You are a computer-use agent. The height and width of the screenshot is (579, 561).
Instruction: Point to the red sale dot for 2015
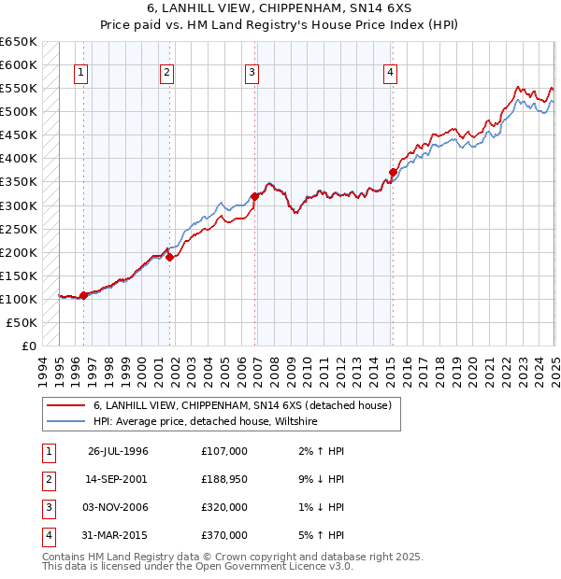tap(393, 172)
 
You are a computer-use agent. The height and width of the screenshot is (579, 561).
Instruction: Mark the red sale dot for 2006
tap(254, 196)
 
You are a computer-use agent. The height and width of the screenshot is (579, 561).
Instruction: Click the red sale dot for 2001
tap(169, 257)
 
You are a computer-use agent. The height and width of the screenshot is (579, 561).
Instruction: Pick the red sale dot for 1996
tap(83, 295)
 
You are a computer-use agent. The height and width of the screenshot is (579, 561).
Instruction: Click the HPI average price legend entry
tap(206, 421)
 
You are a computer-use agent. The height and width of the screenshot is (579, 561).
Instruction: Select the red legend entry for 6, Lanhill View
tap(247, 404)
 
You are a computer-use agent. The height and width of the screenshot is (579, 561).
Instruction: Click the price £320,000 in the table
tap(224, 507)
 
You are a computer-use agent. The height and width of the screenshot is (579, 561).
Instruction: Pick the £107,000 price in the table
tap(224, 452)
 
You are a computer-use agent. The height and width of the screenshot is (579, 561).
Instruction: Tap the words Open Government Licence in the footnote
tap(271, 566)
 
